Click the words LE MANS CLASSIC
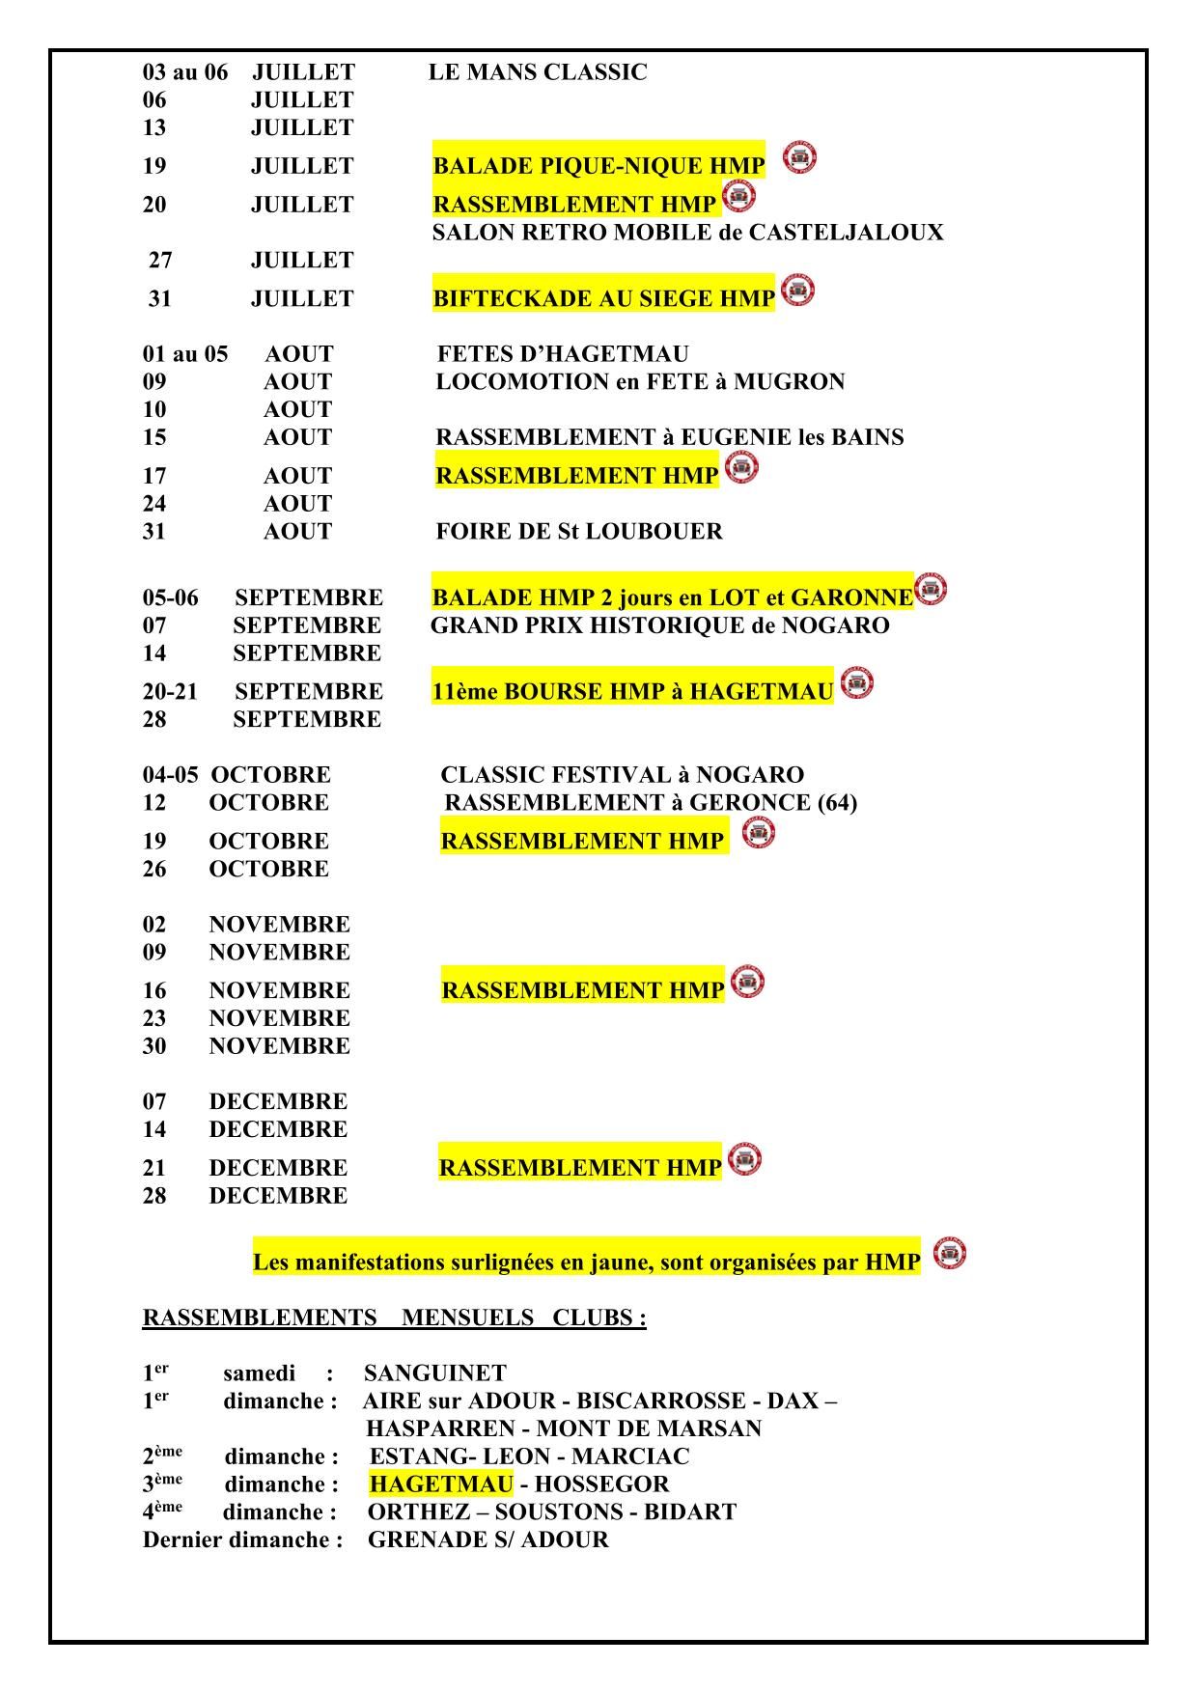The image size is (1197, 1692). [x=538, y=72]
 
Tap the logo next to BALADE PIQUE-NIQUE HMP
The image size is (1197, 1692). [x=799, y=156]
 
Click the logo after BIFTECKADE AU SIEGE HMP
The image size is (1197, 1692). [x=797, y=290]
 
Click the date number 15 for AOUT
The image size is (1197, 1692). [x=154, y=438]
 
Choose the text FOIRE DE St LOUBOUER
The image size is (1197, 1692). [x=579, y=532]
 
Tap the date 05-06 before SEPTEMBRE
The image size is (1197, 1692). [x=171, y=598]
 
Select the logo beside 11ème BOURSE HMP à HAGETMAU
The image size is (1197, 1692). [x=857, y=683]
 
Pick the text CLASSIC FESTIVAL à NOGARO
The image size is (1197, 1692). [x=622, y=776]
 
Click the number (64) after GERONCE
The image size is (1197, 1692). [x=837, y=803]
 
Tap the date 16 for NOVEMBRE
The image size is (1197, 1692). [x=154, y=991]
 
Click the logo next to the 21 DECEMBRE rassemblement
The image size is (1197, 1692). [x=744, y=1159]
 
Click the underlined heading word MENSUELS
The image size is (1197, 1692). [x=467, y=1318]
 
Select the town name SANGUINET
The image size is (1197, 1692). [x=435, y=1373]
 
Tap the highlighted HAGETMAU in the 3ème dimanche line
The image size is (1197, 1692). [x=441, y=1484]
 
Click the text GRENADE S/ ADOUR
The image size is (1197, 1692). [x=488, y=1540]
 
